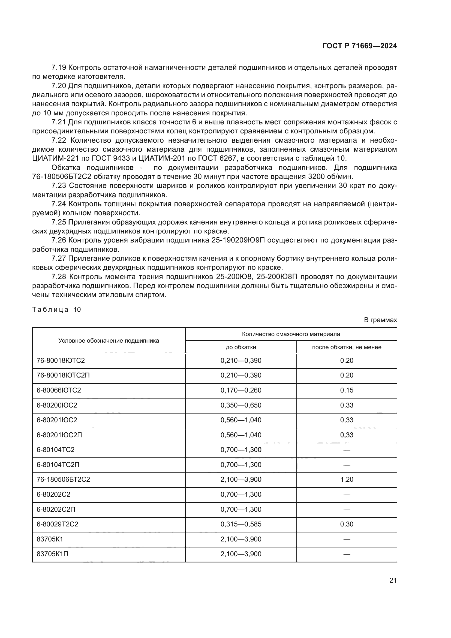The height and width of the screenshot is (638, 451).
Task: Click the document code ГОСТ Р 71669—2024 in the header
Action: pyautogui.click(x=360, y=46)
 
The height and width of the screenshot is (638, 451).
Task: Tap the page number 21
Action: pyautogui.click(x=393, y=580)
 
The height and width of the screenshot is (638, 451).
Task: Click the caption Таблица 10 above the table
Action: pyautogui.click(x=56, y=310)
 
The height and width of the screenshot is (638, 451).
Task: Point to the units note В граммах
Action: pyautogui.click(x=380, y=320)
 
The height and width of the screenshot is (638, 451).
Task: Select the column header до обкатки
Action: pyautogui.click(x=241, y=347)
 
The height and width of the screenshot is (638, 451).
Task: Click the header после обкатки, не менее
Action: pyautogui.click(x=347, y=347)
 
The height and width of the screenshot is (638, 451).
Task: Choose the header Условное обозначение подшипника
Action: pyautogui.click(x=109, y=341)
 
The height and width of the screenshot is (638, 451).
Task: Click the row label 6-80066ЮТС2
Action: pyautogui.click(x=59, y=390)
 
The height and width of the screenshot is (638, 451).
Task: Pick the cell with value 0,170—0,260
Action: pyautogui.click(x=241, y=390)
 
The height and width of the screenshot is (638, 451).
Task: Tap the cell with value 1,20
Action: pyautogui.click(x=347, y=479)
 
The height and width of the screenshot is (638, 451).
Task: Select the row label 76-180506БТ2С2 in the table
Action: pyautogui.click(x=63, y=479)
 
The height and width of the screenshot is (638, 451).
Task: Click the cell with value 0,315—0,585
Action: pyautogui.click(x=241, y=524)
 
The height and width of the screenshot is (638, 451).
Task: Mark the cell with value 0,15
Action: pyautogui.click(x=347, y=390)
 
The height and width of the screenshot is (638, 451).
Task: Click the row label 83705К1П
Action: pyautogui.click(x=52, y=554)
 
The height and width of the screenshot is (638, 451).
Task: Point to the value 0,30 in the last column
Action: pyautogui.click(x=347, y=524)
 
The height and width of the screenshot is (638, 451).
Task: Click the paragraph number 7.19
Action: pyautogui.click(x=59, y=68)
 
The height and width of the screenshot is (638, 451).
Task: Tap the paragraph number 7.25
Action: pyautogui.click(x=59, y=222)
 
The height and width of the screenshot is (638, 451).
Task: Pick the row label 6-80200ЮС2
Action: pyautogui.click(x=57, y=405)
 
